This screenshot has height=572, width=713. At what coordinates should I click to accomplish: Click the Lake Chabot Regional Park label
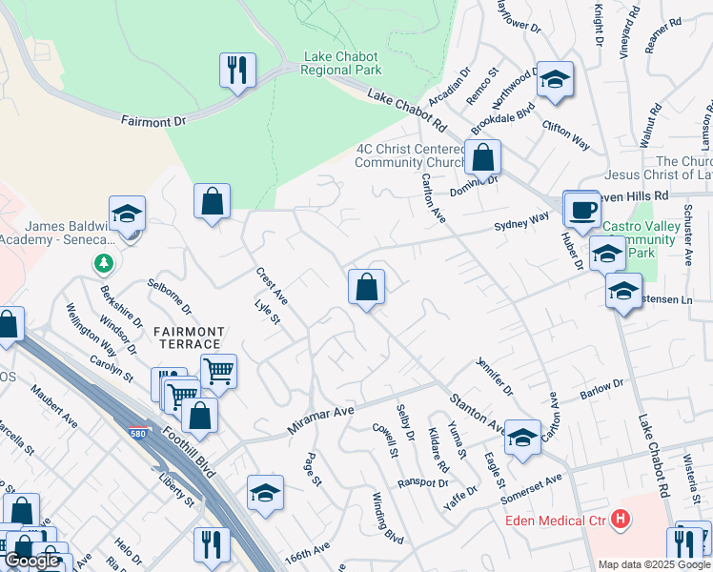tap(342, 63)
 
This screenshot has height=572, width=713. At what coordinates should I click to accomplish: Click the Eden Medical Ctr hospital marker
tap(621, 520)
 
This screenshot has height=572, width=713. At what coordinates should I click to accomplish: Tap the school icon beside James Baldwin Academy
tap(127, 214)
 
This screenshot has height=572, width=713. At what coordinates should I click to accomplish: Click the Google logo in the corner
tap(31, 561)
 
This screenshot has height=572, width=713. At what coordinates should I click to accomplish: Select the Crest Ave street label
tap(272, 286)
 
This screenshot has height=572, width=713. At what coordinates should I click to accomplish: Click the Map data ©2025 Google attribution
tap(654, 564)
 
